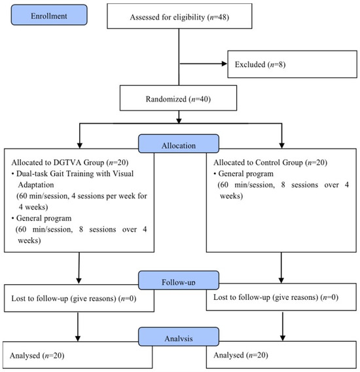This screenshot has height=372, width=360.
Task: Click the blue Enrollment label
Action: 49,14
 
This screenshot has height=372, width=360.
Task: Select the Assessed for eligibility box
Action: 179,16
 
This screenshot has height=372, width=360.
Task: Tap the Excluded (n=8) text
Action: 260,64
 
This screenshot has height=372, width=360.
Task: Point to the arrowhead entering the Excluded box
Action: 224,64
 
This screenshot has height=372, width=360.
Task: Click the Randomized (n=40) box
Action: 178,98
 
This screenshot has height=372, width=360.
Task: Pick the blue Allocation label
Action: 179,144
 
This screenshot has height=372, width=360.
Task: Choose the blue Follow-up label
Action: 179,280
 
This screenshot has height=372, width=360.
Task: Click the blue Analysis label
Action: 179,337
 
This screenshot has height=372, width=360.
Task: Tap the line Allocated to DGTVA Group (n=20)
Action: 70,162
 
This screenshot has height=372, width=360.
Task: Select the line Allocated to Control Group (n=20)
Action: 270,162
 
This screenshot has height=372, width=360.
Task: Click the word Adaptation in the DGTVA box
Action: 36,185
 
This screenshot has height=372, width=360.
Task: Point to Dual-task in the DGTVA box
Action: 32,174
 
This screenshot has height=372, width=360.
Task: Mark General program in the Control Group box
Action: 245,174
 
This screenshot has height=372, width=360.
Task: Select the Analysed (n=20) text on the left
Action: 37,356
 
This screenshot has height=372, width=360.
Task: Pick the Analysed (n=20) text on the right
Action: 241,355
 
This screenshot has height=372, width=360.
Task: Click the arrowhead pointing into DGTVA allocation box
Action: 80,145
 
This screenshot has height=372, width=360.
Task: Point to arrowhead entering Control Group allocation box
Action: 281,145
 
